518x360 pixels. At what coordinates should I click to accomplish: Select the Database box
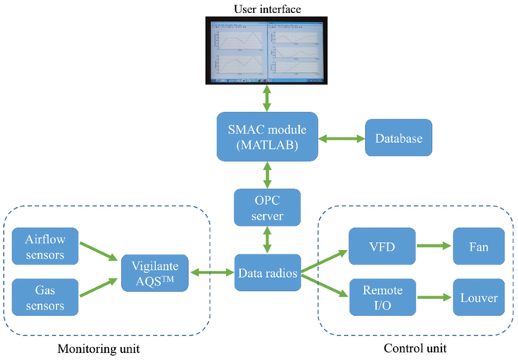(x=398, y=140)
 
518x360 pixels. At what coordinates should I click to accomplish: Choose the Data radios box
(x=267, y=272)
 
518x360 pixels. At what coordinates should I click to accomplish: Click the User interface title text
(x=267, y=9)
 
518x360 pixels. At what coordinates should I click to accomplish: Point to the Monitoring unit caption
(x=98, y=347)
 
